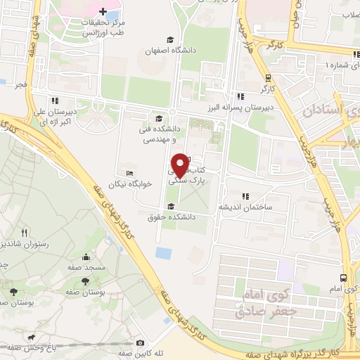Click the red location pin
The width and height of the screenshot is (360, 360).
[x=180, y=165]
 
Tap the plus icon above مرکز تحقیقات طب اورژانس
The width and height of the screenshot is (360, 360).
[x=104, y=12]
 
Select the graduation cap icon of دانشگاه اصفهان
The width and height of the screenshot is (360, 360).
[x=169, y=39]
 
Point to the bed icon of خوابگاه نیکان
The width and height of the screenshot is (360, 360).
[x=128, y=174]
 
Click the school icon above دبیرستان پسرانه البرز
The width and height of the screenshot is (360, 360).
[x=240, y=96]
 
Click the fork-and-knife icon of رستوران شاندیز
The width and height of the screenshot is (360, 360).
[x=25, y=232]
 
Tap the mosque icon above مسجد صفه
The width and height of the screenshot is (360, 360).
[x=86, y=257]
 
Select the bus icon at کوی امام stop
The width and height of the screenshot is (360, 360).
[x=342, y=277]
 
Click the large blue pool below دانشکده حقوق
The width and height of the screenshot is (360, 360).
[x=163, y=252]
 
